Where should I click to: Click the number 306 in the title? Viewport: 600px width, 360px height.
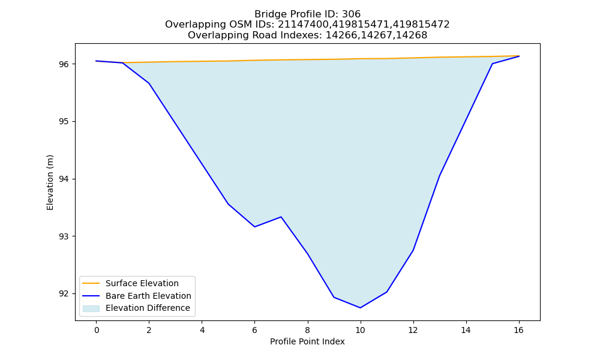351,14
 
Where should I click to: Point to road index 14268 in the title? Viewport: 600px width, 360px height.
412,35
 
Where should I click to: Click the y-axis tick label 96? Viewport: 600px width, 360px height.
64,64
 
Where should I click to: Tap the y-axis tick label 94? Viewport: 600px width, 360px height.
64,179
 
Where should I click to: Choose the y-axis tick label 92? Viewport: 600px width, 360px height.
64,294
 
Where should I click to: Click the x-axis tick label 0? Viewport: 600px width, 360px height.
97,330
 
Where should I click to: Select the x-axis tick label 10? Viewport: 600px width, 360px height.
360,330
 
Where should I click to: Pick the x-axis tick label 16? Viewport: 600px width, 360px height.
518,330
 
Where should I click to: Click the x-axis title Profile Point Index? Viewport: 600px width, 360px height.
307,341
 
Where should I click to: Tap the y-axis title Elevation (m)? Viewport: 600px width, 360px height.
50,182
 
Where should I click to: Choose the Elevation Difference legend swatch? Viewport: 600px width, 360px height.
91,308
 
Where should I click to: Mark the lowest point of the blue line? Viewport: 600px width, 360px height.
360,308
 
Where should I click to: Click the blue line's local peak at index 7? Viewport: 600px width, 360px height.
281,217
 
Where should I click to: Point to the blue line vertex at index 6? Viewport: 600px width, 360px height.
254,227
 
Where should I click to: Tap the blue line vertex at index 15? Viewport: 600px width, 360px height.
492,64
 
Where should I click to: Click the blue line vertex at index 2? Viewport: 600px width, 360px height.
149,83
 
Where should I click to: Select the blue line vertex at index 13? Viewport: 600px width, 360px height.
439,176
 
